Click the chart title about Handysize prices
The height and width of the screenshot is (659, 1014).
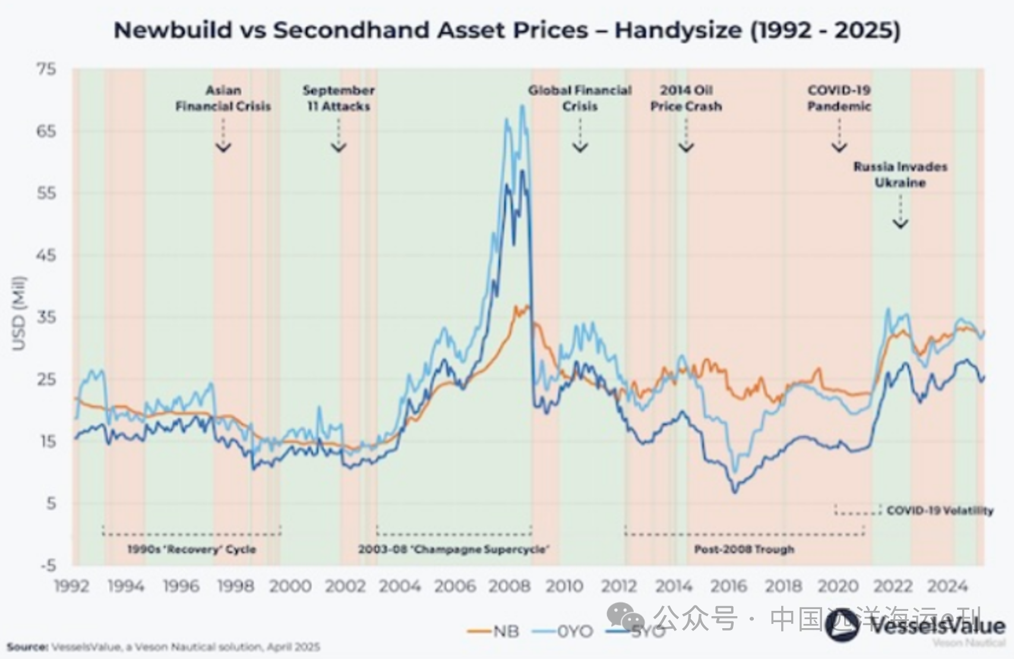tap(507, 30)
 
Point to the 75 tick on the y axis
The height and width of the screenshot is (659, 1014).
tap(46, 69)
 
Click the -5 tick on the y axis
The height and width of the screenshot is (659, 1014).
tap(48, 565)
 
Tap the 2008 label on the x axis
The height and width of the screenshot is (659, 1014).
tap(509, 587)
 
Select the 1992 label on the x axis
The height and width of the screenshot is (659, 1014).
tap(72, 587)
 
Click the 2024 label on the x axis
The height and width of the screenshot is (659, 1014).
tap(947, 587)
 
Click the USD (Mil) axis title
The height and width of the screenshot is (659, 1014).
tap(19, 313)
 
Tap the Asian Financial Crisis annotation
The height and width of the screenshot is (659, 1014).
tap(223, 99)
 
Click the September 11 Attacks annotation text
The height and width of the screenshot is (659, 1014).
tap(339, 99)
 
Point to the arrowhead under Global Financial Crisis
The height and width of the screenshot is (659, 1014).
tap(580, 147)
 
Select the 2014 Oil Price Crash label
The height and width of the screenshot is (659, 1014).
tap(686, 99)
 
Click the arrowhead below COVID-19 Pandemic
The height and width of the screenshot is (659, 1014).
tap(839, 147)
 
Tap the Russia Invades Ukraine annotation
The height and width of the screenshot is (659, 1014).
tap(900, 175)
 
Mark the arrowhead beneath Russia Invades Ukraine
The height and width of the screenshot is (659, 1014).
tap(901, 223)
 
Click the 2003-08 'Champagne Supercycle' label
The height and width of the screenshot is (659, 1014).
tap(454, 549)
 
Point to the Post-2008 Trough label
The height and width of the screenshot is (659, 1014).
tap(744, 549)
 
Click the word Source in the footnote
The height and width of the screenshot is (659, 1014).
tap(27, 647)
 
